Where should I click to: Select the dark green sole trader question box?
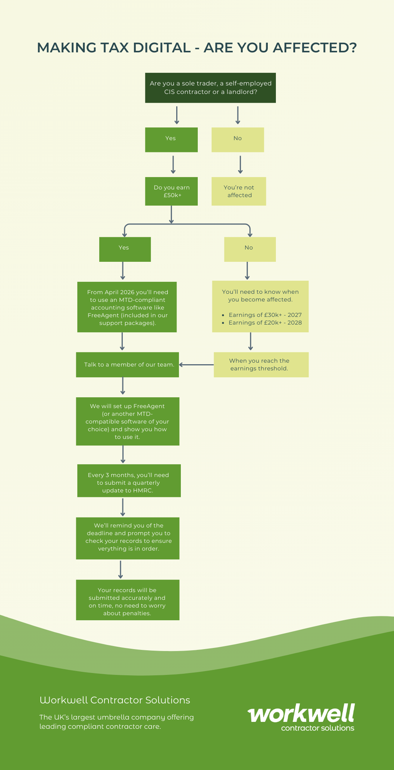point(210,88)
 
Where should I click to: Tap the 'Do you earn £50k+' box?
point(171,191)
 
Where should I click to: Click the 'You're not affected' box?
point(239,191)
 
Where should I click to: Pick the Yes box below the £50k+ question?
point(125,249)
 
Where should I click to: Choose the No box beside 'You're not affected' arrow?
point(238,140)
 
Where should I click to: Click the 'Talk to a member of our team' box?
point(127,365)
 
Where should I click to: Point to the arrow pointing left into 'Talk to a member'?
point(196,365)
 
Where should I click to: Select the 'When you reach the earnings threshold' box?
point(261,365)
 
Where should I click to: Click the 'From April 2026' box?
point(127,307)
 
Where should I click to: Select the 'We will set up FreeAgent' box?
point(128,422)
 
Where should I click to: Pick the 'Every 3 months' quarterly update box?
point(129,481)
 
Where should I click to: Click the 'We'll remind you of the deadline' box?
point(128,538)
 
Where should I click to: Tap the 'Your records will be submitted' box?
point(128,600)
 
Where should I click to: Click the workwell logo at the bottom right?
point(301,717)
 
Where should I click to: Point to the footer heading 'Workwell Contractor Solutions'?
point(115,700)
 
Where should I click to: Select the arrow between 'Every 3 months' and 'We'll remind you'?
point(123,507)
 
